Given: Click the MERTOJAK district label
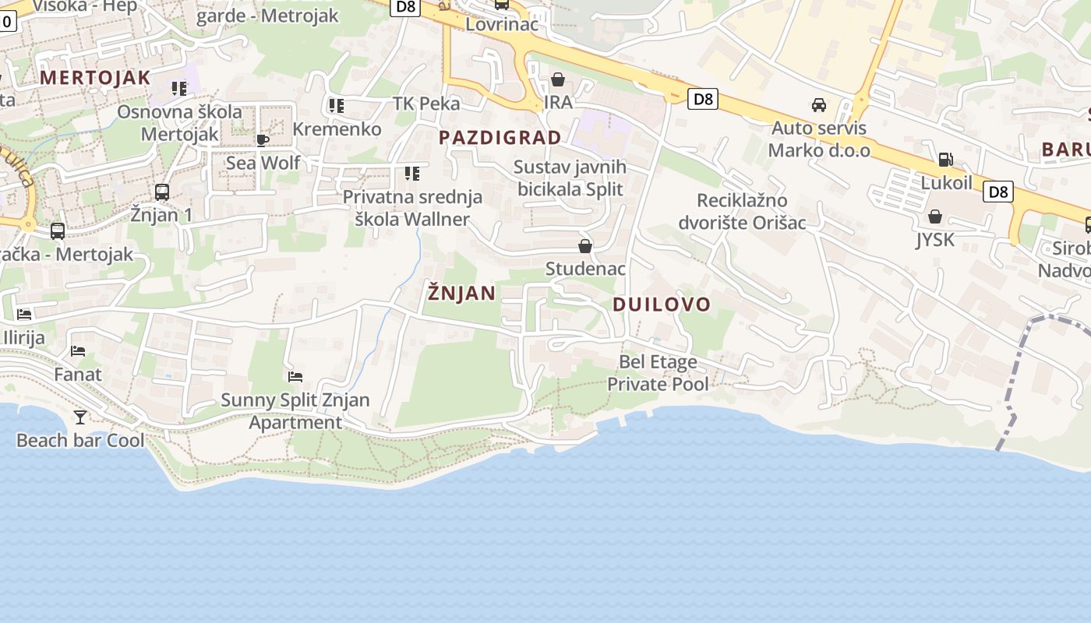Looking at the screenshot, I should (x=94, y=77).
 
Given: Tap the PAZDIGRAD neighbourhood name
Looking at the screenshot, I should (x=500, y=138).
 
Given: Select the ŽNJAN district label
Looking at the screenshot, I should (x=461, y=293).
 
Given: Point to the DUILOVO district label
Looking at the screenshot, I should (x=662, y=304).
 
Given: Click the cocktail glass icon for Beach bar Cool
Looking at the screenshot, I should (x=79, y=417).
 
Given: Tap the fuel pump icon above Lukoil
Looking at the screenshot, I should (x=945, y=160).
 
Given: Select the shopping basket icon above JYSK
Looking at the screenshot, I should (x=935, y=216).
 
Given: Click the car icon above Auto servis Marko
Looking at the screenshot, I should (x=819, y=104).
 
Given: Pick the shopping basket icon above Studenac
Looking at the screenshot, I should (x=585, y=246).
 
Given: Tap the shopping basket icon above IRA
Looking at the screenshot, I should (x=558, y=79).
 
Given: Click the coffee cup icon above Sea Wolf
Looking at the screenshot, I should (x=263, y=140).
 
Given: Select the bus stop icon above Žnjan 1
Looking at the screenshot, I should (x=162, y=192).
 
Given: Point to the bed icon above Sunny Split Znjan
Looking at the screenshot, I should (x=295, y=377).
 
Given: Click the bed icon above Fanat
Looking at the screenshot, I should (x=78, y=351).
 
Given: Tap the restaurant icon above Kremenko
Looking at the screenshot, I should (x=337, y=105).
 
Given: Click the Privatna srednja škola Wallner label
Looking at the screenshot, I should (x=412, y=208).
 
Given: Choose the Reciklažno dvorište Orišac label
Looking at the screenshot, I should (x=742, y=211).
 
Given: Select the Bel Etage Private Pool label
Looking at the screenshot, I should (x=658, y=373).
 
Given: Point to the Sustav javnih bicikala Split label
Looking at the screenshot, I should (x=570, y=178).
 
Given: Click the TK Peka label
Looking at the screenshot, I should (x=426, y=104).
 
